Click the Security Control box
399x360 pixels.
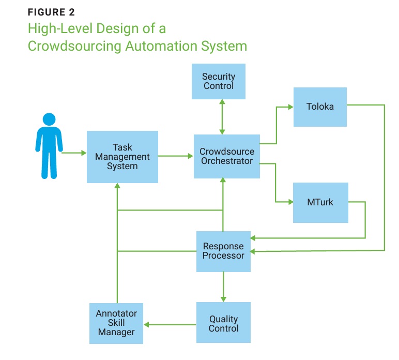coord(218,81)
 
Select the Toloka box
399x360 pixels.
coord(320,107)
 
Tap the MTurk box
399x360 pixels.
coord(320,202)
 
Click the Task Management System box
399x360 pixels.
coord(122,156)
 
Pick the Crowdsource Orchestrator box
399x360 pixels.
coord(226,156)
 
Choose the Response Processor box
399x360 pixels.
coord(223,251)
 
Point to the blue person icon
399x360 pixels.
coord(49,146)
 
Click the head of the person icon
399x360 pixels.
coord(49,119)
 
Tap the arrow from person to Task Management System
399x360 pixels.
coord(74,153)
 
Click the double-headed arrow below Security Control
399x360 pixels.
coord(222,117)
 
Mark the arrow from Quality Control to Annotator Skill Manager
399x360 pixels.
coord(170,324)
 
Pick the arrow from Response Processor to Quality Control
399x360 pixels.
coord(223,287)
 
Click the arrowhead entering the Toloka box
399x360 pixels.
coord(290,108)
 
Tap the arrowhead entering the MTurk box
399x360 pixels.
coord(289,202)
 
